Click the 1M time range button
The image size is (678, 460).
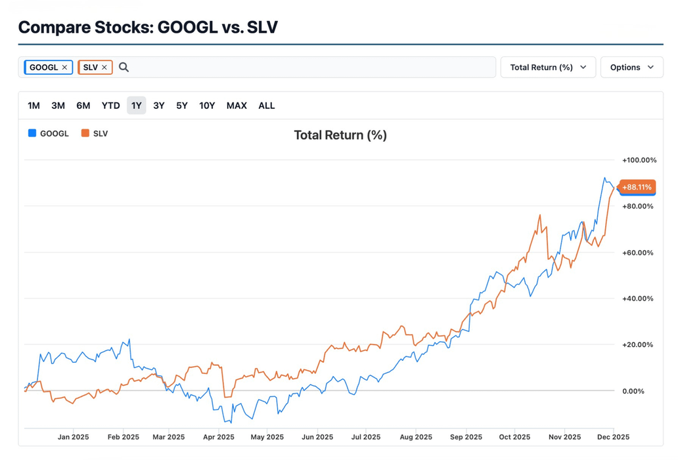pos(34,106)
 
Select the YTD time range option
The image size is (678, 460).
pos(110,106)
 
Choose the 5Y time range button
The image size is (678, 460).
pos(182,106)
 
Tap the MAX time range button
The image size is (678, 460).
pos(237,106)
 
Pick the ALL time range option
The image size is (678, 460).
pos(267,106)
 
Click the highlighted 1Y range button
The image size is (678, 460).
pos(137,106)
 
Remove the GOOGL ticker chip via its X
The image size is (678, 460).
pos(64,68)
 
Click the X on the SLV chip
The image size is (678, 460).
pos(104,68)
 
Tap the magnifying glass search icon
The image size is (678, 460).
pos(124,67)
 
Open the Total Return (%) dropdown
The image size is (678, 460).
pos(548,67)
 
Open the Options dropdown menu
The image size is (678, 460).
pos(631,67)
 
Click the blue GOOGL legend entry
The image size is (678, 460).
pos(49,133)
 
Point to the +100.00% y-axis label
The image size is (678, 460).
pos(639,160)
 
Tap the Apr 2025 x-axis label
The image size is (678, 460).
pos(219,437)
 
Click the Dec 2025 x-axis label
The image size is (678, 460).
pos(612,437)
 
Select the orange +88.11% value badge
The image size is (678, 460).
pos(637,188)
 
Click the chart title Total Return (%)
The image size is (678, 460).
pos(340,135)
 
